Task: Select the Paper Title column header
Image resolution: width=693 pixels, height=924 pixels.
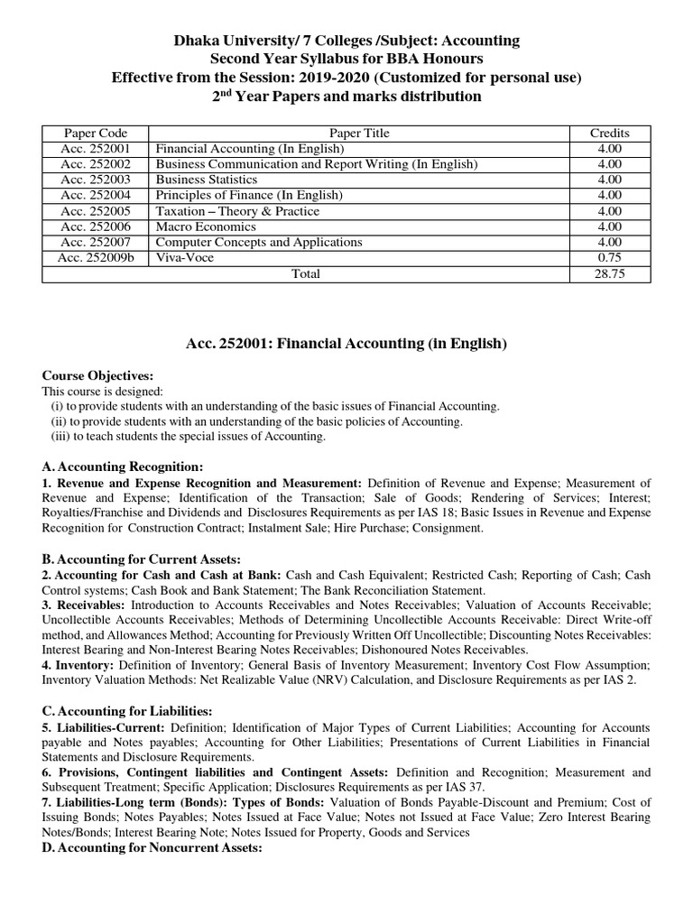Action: [x=359, y=133]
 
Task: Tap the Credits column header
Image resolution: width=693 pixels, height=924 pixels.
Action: [x=609, y=133]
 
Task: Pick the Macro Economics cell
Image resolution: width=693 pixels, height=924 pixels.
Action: [x=206, y=226]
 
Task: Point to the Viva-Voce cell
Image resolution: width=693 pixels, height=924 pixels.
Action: [x=186, y=257]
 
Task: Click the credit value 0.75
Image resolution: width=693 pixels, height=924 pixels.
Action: [x=609, y=257]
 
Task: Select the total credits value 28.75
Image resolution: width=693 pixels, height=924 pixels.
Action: [x=609, y=273]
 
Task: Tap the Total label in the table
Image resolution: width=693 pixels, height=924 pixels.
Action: [x=305, y=273]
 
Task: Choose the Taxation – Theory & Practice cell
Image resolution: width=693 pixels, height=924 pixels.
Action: [x=237, y=211]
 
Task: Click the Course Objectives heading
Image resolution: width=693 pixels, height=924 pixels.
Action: [x=98, y=375]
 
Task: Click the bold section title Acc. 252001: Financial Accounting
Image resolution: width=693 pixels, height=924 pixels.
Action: [x=346, y=343]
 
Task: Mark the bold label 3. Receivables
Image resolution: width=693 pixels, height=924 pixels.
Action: [x=84, y=605]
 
